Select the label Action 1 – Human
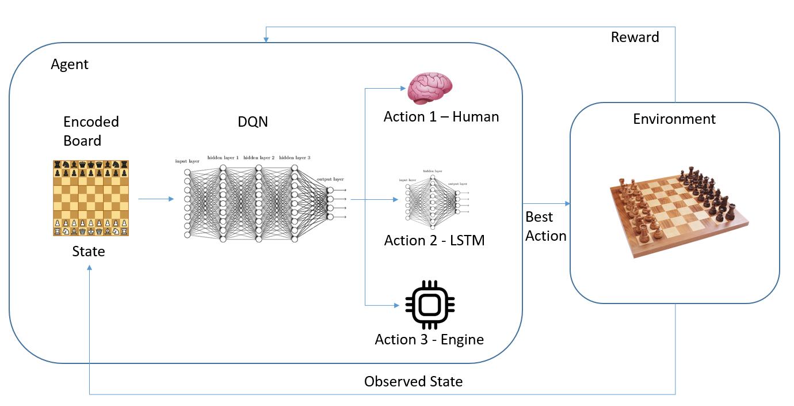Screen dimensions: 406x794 tap(441, 117)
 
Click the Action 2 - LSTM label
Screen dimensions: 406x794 tap(434, 240)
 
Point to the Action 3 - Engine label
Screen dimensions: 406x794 tap(429, 339)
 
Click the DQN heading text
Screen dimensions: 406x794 tap(253, 122)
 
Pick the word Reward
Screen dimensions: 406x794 tap(635, 37)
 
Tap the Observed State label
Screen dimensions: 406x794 tap(413, 381)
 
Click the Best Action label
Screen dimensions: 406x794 tap(545, 226)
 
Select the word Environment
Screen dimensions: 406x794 tap(674, 119)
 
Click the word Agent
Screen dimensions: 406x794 tap(70, 64)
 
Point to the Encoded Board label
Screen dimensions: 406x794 tap(91, 131)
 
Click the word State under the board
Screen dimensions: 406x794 tap(89, 252)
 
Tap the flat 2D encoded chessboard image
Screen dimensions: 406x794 tap(91, 198)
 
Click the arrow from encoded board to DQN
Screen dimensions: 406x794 tap(156, 199)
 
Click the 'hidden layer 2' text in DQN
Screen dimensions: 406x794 tap(259, 157)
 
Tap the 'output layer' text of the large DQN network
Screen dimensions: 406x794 tap(330, 179)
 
